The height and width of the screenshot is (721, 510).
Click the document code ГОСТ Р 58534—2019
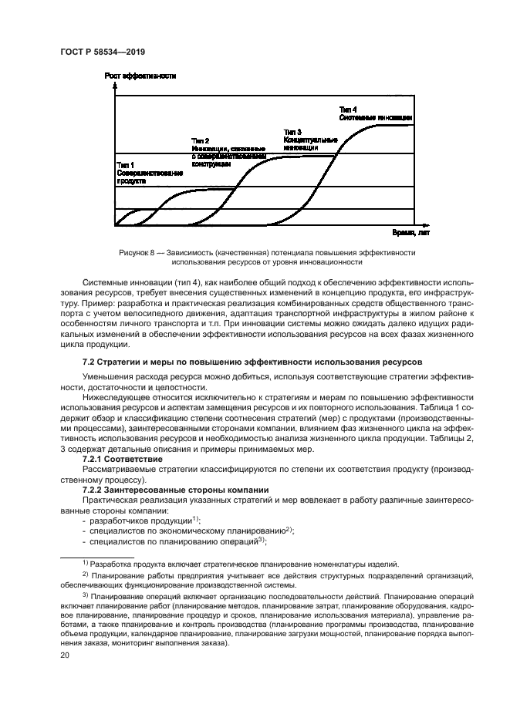pos(103,51)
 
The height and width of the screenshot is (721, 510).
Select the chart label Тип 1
pos(125,165)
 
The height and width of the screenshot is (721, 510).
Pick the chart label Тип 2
pos(200,140)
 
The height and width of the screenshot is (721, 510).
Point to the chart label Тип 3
pos(292,132)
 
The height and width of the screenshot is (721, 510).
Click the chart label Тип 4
pos(349,109)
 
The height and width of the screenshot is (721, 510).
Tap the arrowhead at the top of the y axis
pos(114,85)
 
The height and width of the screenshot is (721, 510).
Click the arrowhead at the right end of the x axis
pos(414,225)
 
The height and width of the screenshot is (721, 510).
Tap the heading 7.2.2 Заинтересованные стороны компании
pos(175,490)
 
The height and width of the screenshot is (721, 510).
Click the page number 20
pos(66,655)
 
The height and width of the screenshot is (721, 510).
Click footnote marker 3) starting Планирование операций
pos(86,595)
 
